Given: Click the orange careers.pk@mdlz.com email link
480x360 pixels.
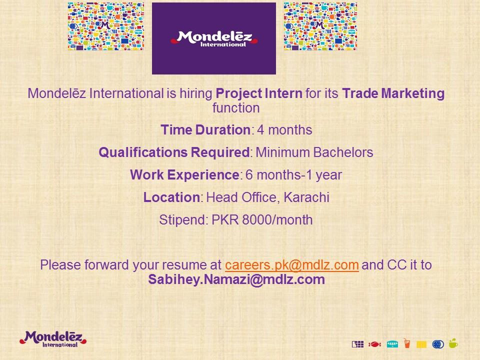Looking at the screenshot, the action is pos(291,265).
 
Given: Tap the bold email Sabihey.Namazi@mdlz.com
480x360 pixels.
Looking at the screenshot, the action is pos(236,279).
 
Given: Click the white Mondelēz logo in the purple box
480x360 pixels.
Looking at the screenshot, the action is pos(214,39).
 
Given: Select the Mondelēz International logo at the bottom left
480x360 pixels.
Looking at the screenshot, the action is pos(53,339).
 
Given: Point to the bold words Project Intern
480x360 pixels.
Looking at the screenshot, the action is pos(259,93).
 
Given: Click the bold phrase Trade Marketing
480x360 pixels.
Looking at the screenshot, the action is pos(393,93).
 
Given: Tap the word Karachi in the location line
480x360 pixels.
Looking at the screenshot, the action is pos(306,197).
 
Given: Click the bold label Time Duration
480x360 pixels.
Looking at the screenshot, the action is pos(205,130).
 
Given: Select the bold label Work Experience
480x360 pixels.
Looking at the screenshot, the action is pos(184,175).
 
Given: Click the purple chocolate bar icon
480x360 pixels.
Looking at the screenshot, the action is pos(357,344).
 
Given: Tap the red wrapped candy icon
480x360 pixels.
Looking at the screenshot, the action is pos(374,344).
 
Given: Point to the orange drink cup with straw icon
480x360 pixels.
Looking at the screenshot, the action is pos(406,343).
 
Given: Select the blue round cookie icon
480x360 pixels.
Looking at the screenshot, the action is pos(438,344).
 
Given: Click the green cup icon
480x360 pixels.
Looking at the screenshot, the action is pos(453,343).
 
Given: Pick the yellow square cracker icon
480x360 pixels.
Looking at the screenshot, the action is pos(421,344).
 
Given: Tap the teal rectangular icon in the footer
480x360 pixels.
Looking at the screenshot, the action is pos(392,344).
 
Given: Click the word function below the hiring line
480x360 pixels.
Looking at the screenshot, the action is pos(236,108).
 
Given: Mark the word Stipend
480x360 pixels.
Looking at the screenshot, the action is pos(182,220).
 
